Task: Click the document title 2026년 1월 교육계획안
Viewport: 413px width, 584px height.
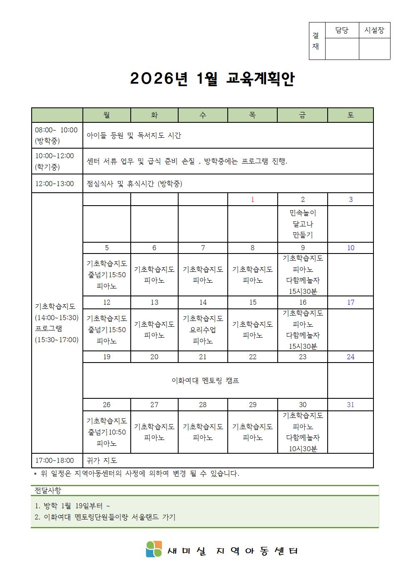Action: click(212, 79)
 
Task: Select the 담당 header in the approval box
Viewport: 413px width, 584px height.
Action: click(341, 30)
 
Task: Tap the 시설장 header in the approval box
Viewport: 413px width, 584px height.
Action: click(374, 30)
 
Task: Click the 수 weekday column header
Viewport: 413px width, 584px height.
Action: click(203, 115)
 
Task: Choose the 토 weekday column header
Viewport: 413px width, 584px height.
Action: click(351, 115)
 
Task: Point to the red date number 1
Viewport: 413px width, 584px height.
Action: click(252, 200)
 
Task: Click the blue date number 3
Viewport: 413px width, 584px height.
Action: click(351, 200)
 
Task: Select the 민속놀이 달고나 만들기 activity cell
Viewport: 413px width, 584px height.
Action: click(303, 224)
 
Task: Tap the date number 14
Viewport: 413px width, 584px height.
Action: click(203, 303)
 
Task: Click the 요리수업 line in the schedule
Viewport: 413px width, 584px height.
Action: click(203, 330)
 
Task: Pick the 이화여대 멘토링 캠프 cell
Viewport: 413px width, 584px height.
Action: click(205, 380)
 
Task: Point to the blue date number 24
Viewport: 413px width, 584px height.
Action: click(351, 357)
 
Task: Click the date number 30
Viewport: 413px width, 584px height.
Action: click(303, 405)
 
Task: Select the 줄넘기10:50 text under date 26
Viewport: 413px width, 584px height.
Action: click(107, 432)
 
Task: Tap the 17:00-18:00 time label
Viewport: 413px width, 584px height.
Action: click(55, 461)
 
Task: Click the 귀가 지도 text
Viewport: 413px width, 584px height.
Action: click(102, 461)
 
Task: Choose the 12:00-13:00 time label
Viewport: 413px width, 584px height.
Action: click(55, 184)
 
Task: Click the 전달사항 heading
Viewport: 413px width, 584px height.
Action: click(48, 491)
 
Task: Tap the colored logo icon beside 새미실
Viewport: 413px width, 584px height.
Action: click(154, 549)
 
